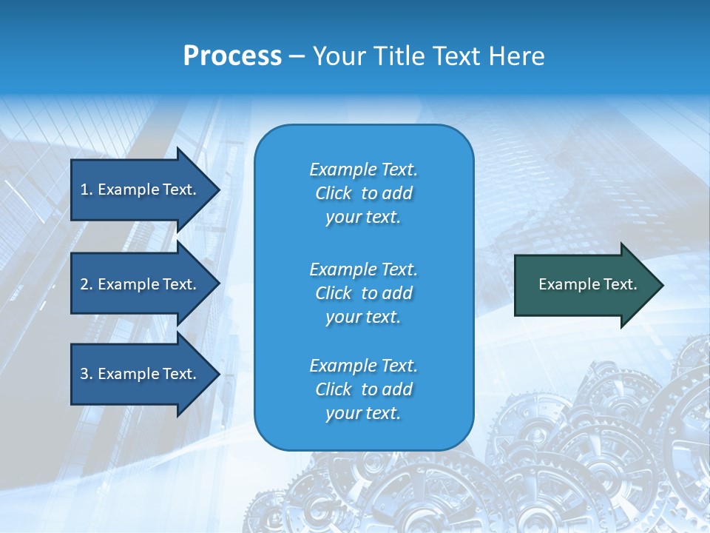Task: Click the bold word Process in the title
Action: tap(232, 56)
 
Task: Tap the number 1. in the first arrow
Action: tap(87, 190)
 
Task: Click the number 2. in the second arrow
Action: tap(87, 284)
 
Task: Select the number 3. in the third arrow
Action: tap(87, 374)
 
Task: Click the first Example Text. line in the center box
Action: tap(363, 170)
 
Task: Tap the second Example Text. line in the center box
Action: tap(363, 269)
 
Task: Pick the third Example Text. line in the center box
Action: tap(363, 366)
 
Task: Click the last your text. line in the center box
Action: tap(363, 414)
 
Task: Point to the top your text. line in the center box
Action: tap(363, 218)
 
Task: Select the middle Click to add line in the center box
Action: tap(363, 293)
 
